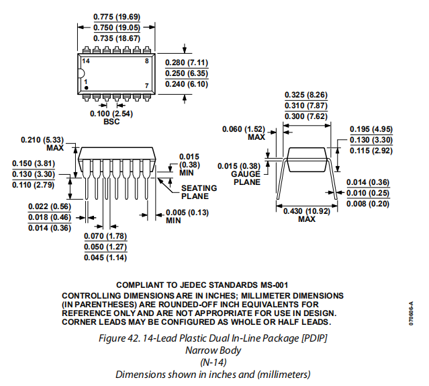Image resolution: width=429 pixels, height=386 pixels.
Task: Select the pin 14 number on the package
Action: [x=85, y=62]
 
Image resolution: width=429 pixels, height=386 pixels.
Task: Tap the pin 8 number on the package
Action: [x=147, y=62]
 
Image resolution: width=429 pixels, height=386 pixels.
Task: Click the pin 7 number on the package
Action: [x=147, y=86]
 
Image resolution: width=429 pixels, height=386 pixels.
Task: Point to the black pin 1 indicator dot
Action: [x=86, y=87]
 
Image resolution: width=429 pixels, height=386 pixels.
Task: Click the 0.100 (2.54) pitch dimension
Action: [x=111, y=114]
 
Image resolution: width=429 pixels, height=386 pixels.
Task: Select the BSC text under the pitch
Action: [x=111, y=122]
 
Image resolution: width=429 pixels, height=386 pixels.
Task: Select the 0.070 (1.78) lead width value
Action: [x=105, y=236]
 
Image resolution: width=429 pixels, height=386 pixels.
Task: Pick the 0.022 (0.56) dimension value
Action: [x=50, y=206]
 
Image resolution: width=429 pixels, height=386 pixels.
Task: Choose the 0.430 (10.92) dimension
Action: [x=305, y=211]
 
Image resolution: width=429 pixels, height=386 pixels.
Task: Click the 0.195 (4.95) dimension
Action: [x=371, y=128]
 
